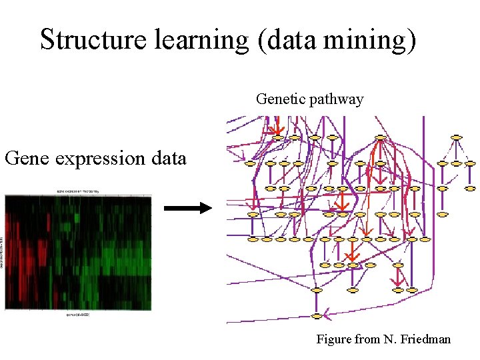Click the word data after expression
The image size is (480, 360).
pyautogui.click(x=167, y=159)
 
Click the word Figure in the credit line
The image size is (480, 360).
pyautogui.click(x=334, y=339)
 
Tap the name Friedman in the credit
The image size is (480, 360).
pyautogui.click(x=425, y=339)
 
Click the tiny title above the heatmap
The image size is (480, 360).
pyautogui.click(x=77, y=191)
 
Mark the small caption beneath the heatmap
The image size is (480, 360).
pyautogui.click(x=77, y=313)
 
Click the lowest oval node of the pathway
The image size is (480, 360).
pyautogui.click(x=317, y=315)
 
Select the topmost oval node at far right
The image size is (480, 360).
pyautogui.click(x=457, y=137)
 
